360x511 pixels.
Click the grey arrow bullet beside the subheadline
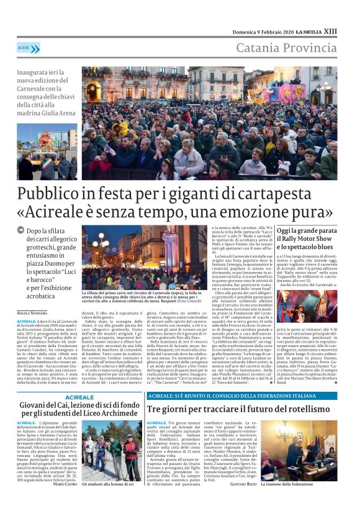click(21, 230)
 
